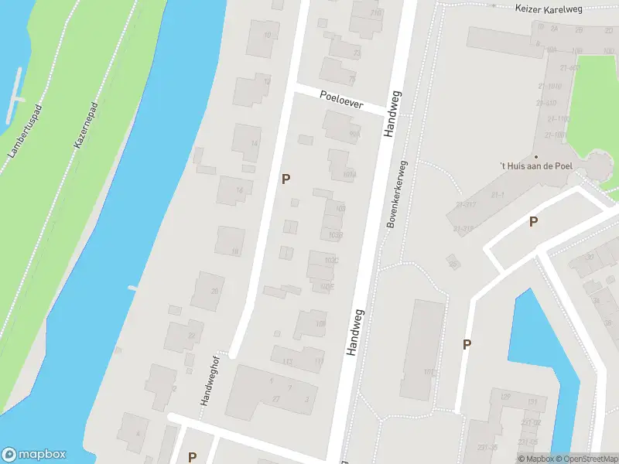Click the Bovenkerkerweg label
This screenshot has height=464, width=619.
(396, 195)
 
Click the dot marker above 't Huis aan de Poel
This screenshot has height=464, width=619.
(535, 156)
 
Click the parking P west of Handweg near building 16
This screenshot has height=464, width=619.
(286, 179)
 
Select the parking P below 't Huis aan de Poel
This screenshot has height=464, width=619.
(533, 222)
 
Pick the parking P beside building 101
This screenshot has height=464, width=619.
(467, 344)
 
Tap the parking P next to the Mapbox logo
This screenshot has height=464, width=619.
(192, 456)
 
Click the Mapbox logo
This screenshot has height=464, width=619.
(35, 455)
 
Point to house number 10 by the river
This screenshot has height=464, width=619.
(268, 36)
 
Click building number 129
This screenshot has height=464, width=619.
(506, 397)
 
